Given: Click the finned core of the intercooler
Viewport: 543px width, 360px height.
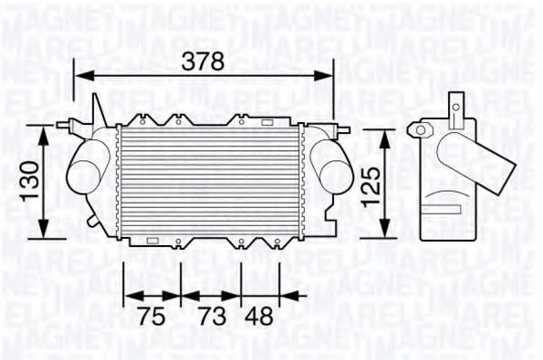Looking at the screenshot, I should [211, 181].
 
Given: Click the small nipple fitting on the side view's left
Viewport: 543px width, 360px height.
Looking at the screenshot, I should [418, 129].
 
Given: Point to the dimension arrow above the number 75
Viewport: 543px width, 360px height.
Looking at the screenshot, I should [151, 295].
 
